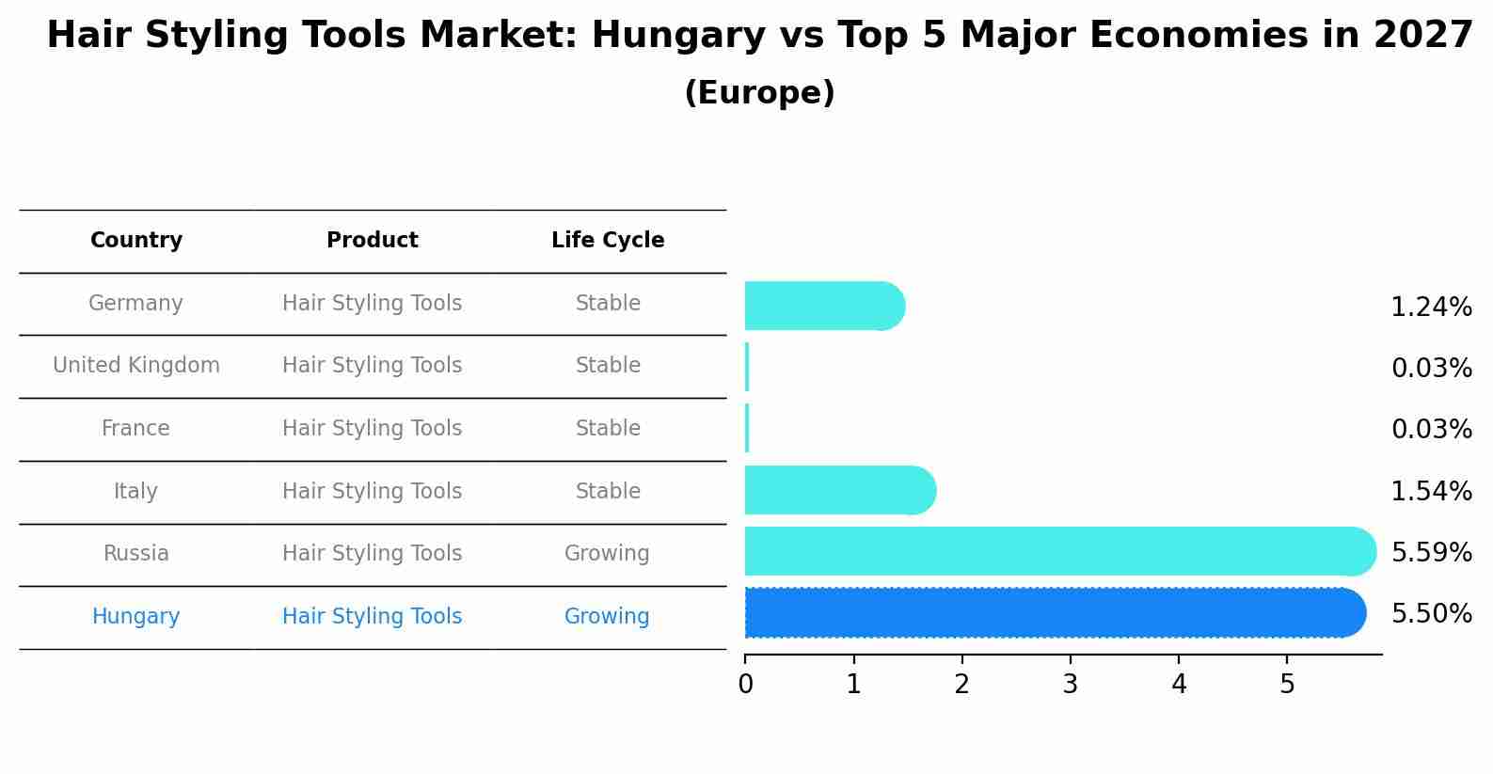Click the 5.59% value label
[x=1431, y=552]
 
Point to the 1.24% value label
[x=1431, y=307]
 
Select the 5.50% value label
[x=1431, y=614]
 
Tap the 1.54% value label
[x=1431, y=491]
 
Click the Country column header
[x=136, y=241]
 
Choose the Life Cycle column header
[x=608, y=241]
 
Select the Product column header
[x=373, y=241]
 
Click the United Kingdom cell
[x=136, y=366]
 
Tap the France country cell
[x=136, y=429]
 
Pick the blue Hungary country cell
[x=136, y=617]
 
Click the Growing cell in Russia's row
[x=607, y=554]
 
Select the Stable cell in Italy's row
[x=608, y=492]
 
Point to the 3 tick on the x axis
[x=1071, y=685]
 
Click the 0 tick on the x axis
[x=745, y=685]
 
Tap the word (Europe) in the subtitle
[x=759, y=93]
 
